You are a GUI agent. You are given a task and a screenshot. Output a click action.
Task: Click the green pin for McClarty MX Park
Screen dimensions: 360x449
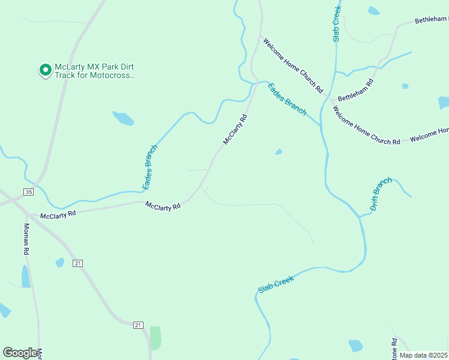click(x=45, y=70)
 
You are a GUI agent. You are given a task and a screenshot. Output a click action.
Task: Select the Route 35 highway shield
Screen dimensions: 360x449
click(x=29, y=191)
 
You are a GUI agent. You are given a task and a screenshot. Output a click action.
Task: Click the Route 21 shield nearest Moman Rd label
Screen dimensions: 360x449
click(x=77, y=263)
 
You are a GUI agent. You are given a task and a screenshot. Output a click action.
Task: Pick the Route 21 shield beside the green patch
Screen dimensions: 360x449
click(x=138, y=325)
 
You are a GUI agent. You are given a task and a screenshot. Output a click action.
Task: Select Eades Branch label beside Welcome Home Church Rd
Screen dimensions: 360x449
click(x=287, y=99)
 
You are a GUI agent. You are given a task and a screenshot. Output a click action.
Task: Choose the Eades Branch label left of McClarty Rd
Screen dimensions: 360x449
click(x=150, y=167)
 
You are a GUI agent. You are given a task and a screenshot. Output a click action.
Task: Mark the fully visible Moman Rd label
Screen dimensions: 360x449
click(x=26, y=239)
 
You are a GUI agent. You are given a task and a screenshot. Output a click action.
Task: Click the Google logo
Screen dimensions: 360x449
click(x=20, y=353)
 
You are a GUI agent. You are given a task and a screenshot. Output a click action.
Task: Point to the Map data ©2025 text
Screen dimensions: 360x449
click(x=423, y=355)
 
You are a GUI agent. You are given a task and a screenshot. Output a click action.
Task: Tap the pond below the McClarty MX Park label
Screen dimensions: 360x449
click(x=123, y=118)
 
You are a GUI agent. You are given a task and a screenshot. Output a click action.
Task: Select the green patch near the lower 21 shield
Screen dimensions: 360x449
click(x=155, y=338)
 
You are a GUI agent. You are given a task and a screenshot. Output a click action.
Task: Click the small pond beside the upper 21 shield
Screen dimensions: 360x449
click(x=60, y=262)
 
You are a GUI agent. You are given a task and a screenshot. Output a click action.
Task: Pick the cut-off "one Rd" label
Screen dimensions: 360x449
click(x=394, y=349)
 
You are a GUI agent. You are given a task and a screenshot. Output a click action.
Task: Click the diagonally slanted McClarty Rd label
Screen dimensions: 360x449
click(x=235, y=130)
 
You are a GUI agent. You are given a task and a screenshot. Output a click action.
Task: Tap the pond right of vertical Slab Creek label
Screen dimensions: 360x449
click(x=373, y=10)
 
